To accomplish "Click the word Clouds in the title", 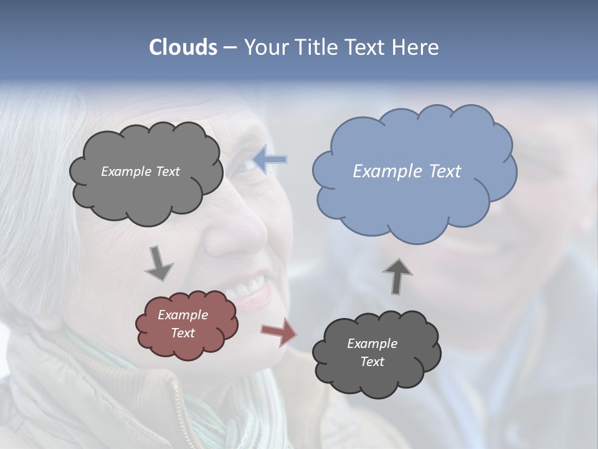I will (x=183, y=47).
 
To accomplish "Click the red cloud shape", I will (x=187, y=325).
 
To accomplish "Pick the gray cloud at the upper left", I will (x=146, y=171).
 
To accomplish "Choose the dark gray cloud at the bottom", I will (x=376, y=354).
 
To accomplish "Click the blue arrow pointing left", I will (x=270, y=159).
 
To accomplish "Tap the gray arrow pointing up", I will (x=397, y=276).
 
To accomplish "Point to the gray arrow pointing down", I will (x=159, y=262).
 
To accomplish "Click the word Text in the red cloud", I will (x=183, y=333).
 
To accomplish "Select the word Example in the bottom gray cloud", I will (x=372, y=344).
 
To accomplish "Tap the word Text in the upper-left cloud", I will (x=168, y=171).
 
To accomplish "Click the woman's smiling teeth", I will (x=252, y=288).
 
